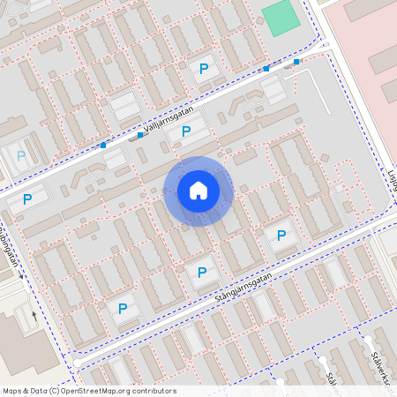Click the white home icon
click(x=198, y=190)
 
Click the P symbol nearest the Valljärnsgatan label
click(x=185, y=131)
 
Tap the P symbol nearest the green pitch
click(x=205, y=68)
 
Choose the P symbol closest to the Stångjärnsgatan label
click(x=203, y=273)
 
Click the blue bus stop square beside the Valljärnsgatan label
click(x=139, y=135)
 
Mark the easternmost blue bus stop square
click(x=296, y=62)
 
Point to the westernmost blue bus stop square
click(x=103, y=145)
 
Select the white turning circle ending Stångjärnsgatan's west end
click(x=78, y=362)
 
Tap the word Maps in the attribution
click(x=13, y=391)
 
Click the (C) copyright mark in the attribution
click(x=55, y=391)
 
